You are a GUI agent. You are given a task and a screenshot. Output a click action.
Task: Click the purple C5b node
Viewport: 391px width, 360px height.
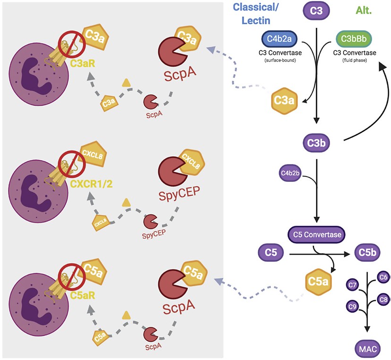coord(367,254)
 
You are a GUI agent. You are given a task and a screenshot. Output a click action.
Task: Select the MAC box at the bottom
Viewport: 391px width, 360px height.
coord(366,350)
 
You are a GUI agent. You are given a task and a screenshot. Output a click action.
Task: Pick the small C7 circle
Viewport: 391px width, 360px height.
coord(352,285)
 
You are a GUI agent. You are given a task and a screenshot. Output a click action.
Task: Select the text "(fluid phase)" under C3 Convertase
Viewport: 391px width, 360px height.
coord(355,60)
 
